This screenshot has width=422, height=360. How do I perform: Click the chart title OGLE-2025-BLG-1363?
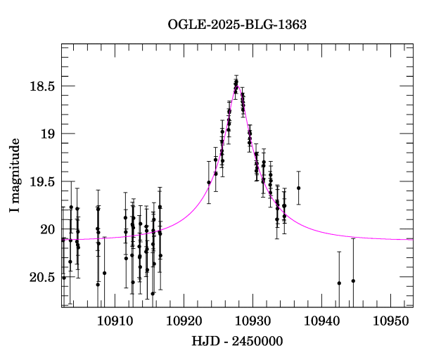pos(237,25)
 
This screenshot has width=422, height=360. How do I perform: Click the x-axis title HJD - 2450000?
pos(237,341)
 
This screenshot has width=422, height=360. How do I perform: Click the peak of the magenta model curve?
pos(237,86)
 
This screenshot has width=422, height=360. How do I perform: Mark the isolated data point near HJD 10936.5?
pos(298,188)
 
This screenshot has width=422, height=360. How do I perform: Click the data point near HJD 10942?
pos(339,283)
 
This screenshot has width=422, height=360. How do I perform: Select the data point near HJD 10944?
pos(353,281)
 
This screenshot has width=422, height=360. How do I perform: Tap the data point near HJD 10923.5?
pos(209,183)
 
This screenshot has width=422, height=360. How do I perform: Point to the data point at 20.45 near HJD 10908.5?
pos(104,273)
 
